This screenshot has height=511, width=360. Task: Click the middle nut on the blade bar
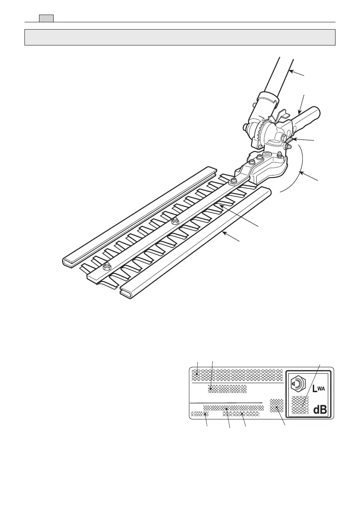(174, 221)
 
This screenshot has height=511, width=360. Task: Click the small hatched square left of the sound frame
(277, 405)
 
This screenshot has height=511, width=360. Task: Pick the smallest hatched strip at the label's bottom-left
(199, 414)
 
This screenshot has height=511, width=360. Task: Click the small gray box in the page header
(46, 18)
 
